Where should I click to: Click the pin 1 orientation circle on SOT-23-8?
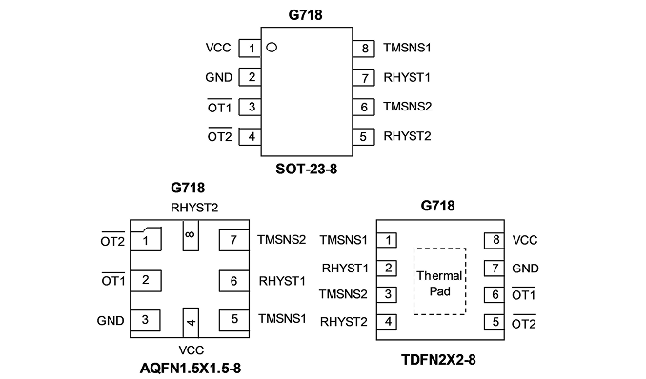(x=272, y=48)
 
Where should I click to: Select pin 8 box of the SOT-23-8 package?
(x=363, y=49)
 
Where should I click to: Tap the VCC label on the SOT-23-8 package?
(x=218, y=48)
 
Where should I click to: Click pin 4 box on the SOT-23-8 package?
(x=250, y=137)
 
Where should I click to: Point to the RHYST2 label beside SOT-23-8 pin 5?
(x=407, y=136)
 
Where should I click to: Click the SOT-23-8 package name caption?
(x=307, y=169)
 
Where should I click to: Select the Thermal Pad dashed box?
(x=439, y=281)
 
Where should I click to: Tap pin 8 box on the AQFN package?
(x=191, y=235)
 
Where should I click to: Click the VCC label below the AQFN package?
(x=192, y=350)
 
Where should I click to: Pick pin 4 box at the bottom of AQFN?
(x=191, y=323)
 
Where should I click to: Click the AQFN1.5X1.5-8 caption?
(x=191, y=368)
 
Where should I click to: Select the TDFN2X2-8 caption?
(x=438, y=360)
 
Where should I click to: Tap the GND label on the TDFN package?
(x=525, y=269)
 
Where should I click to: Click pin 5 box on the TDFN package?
(x=495, y=322)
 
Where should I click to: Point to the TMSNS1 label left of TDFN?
(x=343, y=240)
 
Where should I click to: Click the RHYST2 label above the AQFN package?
(x=194, y=208)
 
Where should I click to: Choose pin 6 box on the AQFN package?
(x=234, y=281)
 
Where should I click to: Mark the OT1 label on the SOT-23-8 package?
(x=219, y=107)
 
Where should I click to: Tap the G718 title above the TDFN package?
(x=437, y=206)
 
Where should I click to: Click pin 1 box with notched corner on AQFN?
(x=146, y=239)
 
